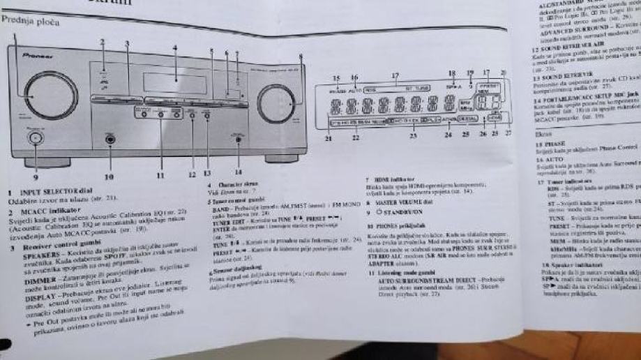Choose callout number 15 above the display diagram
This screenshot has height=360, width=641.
click(335, 78)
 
